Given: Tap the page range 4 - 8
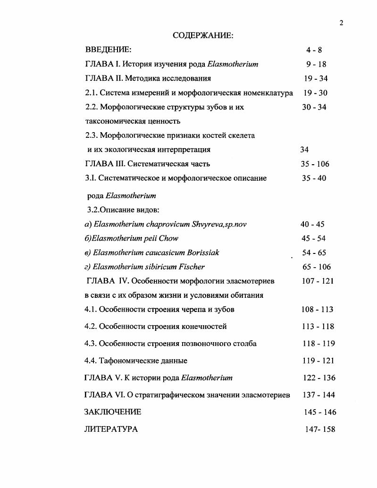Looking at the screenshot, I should [314, 50].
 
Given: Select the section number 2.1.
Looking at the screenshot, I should [91, 93].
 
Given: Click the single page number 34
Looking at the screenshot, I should [304, 150].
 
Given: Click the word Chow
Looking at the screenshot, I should [168, 238].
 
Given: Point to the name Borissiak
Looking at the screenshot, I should [201, 252].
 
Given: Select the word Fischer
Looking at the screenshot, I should [192, 267].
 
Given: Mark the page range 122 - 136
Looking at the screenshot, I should [318, 378].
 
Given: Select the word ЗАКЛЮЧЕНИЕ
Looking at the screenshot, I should [112, 412].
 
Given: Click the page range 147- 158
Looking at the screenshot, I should [320, 429].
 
